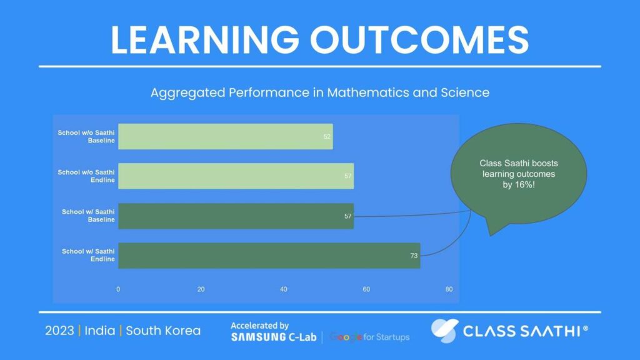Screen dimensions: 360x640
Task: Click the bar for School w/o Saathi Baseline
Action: pyautogui.click(x=225, y=136)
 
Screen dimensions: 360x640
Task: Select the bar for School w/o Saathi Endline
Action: pyautogui.click(x=236, y=176)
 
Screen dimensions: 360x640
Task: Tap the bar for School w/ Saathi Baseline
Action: pyautogui.click(x=236, y=216)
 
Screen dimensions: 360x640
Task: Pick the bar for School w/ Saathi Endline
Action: pyautogui.click(x=269, y=256)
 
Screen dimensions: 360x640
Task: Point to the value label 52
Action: pyautogui.click(x=327, y=136)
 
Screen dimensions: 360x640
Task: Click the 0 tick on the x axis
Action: pyautogui.click(x=118, y=289)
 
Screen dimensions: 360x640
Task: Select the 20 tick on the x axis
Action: pyautogui.click(x=201, y=289)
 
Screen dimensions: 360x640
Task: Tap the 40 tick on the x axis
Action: pyautogui.click(x=284, y=289)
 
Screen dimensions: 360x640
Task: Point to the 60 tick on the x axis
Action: pyautogui.click(x=366, y=289)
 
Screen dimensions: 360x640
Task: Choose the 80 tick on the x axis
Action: pyautogui.click(x=449, y=289)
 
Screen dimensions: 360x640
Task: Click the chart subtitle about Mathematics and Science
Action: pyautogui.click(x=319, y=92)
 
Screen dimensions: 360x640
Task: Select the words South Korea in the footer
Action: pyautogui.click(x=163, y=331)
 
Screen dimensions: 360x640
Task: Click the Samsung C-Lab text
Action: pyautogui.click(x=273, y=337)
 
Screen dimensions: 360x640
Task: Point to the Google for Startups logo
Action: pyautogui.click(x=369, y=337)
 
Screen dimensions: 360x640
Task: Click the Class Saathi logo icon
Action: pyautogui.click(x=444, y=331)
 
